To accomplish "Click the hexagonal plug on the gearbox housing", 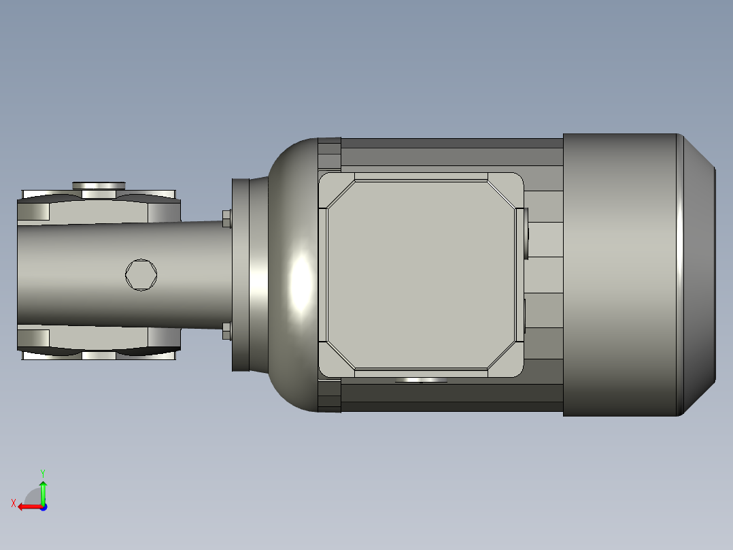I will point(141,275).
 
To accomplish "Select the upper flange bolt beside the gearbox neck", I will point(226,219).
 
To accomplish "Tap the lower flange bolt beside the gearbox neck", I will point(226,331).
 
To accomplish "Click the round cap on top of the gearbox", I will point(99,185).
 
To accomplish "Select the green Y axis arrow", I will point(43,491).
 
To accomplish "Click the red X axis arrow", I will point(27,506).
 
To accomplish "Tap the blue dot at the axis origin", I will point(44,506).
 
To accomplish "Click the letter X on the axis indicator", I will point(13,504).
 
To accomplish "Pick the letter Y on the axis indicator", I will point(42,472).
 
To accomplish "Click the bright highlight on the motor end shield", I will point(300,282).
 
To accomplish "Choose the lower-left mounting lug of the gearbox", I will point(33,339).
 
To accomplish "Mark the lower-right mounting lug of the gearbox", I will point(164,338).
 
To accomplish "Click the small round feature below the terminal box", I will point(421,381).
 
